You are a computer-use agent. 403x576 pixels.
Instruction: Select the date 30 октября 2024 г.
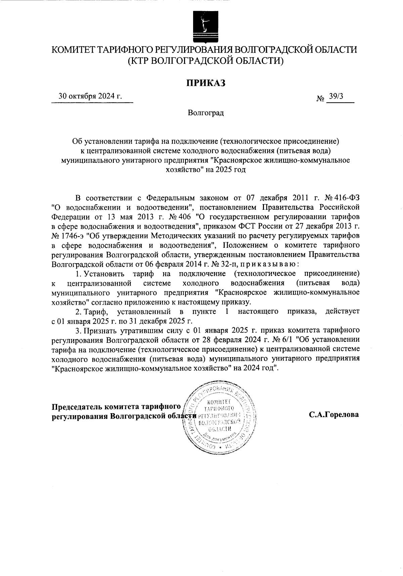tap(90, 96)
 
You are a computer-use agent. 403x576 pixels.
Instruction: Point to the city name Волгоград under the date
tap(206, 113)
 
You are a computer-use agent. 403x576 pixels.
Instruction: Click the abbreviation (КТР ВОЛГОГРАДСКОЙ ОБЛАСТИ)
tap(206, 60)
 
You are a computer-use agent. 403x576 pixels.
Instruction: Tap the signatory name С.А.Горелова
tap(334, 415)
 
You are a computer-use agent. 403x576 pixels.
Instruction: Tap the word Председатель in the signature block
tap(77, 406)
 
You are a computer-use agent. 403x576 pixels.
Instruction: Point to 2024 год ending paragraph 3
tap(260, 368)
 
